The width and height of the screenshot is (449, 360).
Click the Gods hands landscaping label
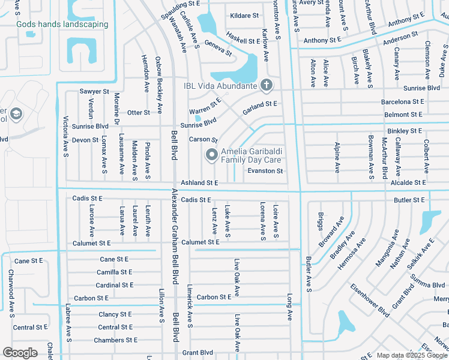tap(62, 25)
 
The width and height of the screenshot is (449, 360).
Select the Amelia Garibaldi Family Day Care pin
tap(211, 155)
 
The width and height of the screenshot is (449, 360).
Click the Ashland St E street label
tap(199, 182)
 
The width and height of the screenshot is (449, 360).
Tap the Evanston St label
tap(265, 171)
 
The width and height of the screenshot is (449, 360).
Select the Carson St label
tap(203, 139)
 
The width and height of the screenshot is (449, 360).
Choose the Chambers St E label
tap(115, 340)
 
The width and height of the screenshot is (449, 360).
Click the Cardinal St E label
tap(115, 285)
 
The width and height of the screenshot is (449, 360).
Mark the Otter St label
tap(139, 112)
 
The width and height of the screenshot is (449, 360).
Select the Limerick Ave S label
tap(190, 305)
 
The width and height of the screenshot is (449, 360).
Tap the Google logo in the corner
tap(20, 353)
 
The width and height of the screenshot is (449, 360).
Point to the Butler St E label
tap(409, 199)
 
